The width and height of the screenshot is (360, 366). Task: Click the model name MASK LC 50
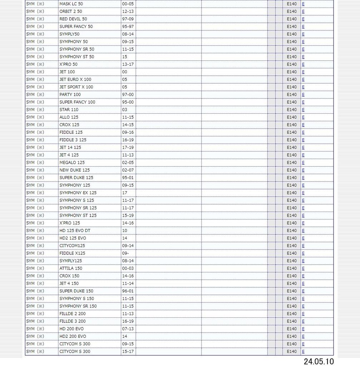point(71,4)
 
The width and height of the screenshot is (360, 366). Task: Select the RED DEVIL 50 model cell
point(73,19)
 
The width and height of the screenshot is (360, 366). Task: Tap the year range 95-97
point(128,26)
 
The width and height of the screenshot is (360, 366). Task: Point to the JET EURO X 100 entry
point(75,79)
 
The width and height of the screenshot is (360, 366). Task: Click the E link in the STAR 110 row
point(303,110)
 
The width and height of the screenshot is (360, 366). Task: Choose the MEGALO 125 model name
point(72,163)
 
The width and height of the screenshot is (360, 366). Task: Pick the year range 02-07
point(128,170)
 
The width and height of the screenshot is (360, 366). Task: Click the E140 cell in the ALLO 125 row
point(291,117)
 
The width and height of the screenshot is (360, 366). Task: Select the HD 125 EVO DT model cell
point(75,231)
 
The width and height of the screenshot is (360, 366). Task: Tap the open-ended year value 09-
point(125,253)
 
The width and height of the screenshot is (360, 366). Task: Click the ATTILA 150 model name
point(70,268)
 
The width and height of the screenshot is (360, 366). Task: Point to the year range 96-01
point(128,291)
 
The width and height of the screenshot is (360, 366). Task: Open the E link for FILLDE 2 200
point(303,314)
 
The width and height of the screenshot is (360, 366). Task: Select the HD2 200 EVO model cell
point(73,336)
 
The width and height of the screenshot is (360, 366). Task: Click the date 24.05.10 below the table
point(319,361)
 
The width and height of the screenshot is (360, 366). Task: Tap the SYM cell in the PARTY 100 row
point(35,95)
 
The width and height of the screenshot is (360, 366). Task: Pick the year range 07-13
point(128,329)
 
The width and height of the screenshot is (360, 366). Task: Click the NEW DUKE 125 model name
point(74,170)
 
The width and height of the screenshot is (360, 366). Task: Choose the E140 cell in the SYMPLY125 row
point(291,261)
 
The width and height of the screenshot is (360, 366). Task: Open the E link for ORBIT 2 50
point(303,11)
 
